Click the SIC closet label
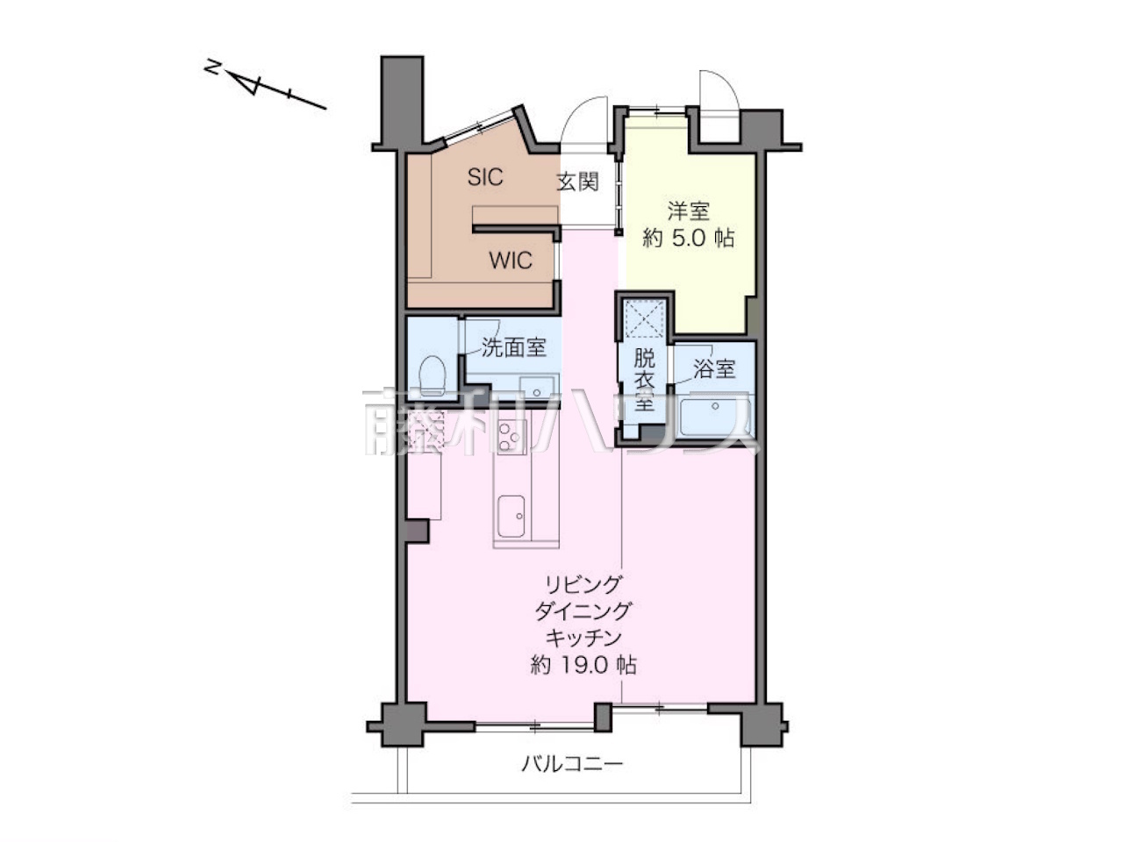tap(485, 177)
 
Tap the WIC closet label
tap(511, 260)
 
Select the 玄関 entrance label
tap(578, 182)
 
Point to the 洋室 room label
tap(688, 210)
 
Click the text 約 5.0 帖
tap(688, 239)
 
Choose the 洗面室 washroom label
tap(513, 347)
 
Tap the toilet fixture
tap(432, 375)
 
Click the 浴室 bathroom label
tap(714, 368)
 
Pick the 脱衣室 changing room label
tap(644, 380)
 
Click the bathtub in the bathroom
tap(715, 417)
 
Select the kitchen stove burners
tap(510, 436)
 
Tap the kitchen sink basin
tap(511, 517)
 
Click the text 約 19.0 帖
tap(583, 665)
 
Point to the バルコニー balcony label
tap(572, 779)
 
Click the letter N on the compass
tap(213, 67)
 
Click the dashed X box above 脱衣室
tap(645, 318)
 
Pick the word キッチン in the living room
tap(583, 638)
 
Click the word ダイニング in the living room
tap(583, 611)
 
